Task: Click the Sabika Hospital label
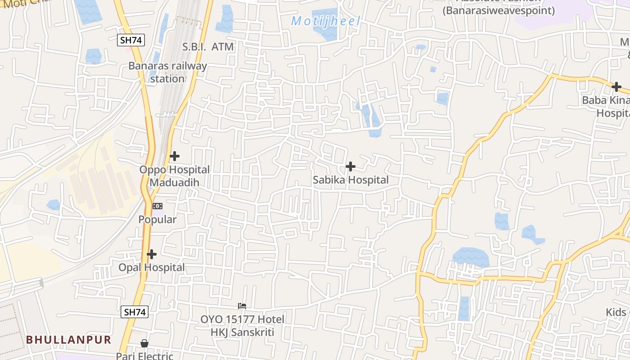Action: (x=351, y=180)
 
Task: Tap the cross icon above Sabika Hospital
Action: (x=351, y=166)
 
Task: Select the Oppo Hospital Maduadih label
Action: (x=174, y=176)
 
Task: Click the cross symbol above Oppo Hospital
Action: (x=175, y=156)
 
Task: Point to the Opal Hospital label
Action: (x=151, y=267)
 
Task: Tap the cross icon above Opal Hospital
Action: (x=152, y=254)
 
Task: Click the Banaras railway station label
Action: (x=167, y=72)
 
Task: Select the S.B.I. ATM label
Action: (x=208, y=46)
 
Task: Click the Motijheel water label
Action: (x=326, y=21)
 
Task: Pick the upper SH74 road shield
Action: (x=131, y=40)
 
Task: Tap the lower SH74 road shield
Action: (x=135, y=312)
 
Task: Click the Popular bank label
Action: (x=157, y=220)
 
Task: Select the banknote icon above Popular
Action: (x=157, y=206)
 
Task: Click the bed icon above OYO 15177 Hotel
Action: (x=242, y=306)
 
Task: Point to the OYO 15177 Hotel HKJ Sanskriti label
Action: (x=242, y=326)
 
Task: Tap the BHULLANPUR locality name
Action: (x=68, y=340)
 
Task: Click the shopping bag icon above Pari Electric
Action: (x=144, y=343)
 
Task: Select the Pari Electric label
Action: (x=144, y=355)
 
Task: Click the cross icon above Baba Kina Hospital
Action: (x=616, y=86)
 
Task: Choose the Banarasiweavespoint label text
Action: (x=499, y=10)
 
